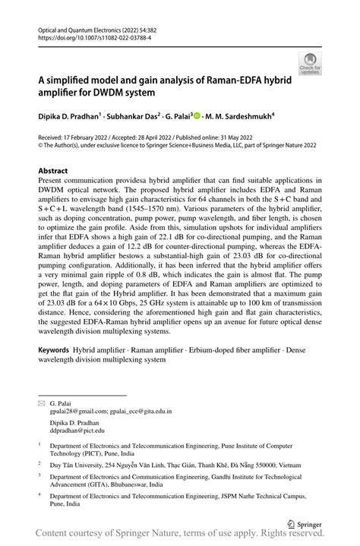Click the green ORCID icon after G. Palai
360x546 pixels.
click(x=197, y=115)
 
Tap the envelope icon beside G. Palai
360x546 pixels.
click(x=41, y=403)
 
